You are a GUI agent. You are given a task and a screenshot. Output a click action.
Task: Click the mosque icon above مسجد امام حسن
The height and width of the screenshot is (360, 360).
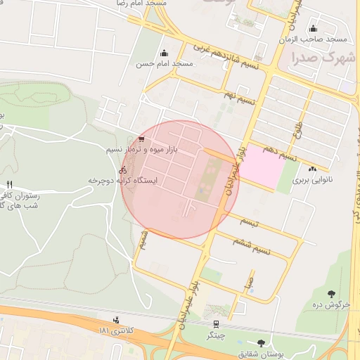point(165,53)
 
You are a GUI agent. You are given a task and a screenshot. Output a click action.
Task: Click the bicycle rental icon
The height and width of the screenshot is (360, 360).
point(122,169)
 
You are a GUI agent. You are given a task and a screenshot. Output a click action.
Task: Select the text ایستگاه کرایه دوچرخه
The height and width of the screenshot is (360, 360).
point(123,180)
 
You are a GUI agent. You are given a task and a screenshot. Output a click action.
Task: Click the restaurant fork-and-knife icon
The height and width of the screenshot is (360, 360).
point(9,186)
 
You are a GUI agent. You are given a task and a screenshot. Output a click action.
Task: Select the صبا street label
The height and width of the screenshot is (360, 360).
point(249,283)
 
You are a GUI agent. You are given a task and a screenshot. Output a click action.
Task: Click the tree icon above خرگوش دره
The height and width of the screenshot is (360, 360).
point(330,293)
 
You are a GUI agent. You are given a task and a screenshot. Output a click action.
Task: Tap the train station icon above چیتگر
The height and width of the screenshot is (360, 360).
point(217,324)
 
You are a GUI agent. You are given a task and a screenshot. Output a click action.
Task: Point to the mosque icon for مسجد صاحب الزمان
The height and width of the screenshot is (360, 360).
point(312,29)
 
